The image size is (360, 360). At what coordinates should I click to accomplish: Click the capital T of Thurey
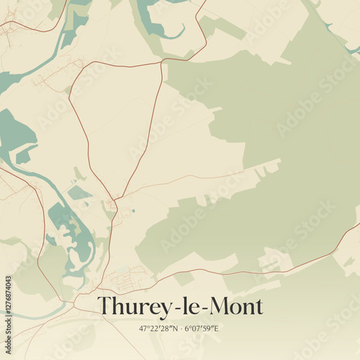tap(105, 306)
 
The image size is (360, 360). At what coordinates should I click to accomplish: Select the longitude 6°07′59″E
tap(201, 328)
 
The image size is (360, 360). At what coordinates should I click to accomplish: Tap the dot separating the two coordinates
tap(180, 328)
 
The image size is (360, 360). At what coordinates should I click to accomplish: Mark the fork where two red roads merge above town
tap(115, 201)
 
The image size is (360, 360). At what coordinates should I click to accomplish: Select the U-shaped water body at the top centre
tap(155, 22)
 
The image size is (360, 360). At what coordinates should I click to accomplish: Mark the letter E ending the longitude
tap(216, 328)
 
